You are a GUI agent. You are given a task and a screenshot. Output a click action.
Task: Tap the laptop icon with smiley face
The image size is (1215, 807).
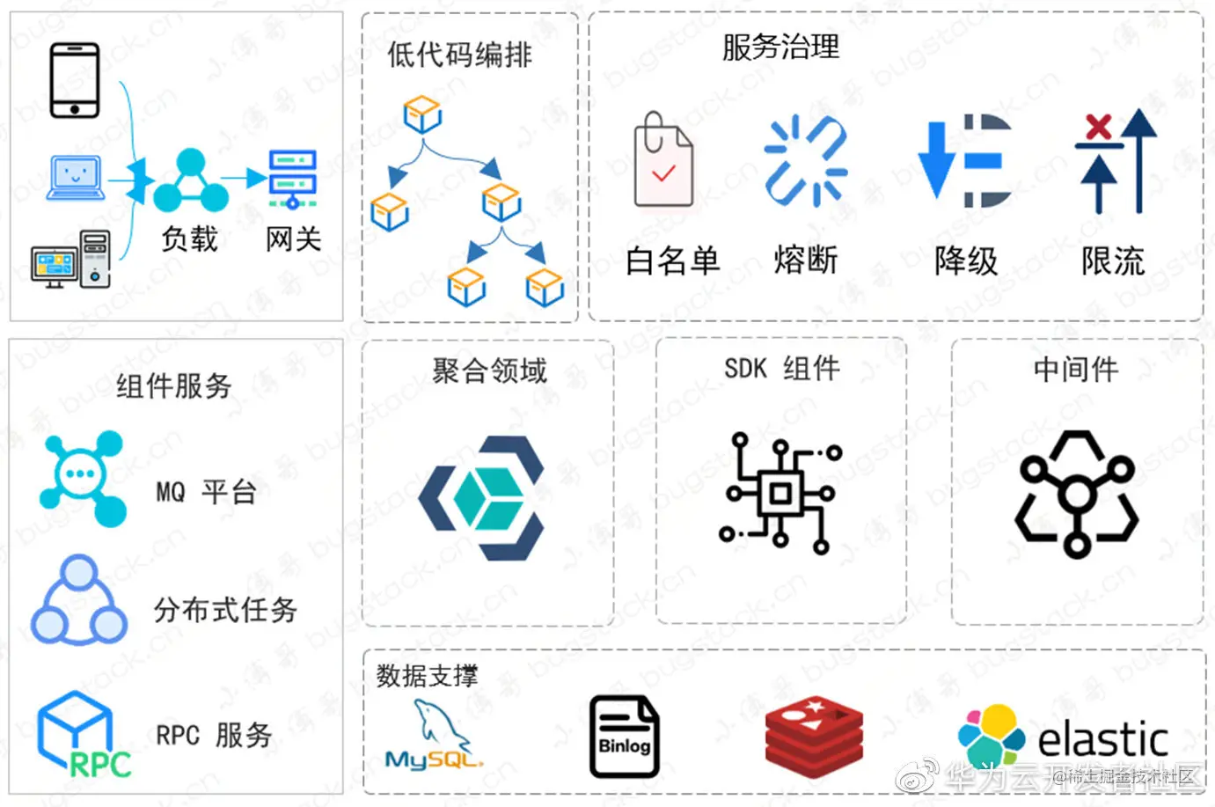(x=76, y=177)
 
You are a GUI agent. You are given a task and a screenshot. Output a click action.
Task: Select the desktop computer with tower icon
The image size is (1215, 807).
(x=71, y=259)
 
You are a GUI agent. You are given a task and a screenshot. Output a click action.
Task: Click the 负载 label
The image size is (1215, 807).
(x=188, y=238)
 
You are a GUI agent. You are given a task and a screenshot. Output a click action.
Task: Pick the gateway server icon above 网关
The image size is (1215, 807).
(x=292, y=179)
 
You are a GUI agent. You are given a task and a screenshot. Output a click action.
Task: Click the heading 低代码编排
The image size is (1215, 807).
(x=459, y=55)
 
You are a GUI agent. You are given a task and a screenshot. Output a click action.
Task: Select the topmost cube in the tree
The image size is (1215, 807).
(x=422, y=115)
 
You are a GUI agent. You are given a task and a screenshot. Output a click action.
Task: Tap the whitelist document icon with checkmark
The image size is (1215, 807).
(x=662, y=162)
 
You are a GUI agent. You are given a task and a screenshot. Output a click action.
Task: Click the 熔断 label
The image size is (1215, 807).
(x=805, y=260)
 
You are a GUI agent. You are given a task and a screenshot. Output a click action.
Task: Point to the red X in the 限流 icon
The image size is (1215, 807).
(x=1098, y=126)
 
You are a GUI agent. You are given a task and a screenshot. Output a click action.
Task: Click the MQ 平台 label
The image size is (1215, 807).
(x=206, y=491)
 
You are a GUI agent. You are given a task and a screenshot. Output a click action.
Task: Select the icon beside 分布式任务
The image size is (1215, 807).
(x=79, y=600)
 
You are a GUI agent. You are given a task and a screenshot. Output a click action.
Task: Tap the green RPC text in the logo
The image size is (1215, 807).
(x=100, y=764)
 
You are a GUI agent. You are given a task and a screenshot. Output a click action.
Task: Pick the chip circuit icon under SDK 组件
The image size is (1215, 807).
(x=780, y=493)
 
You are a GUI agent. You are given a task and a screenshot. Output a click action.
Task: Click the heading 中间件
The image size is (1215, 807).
(x=1075, y=370)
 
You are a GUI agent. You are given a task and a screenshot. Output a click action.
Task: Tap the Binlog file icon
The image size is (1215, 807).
(x=624, y=737)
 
